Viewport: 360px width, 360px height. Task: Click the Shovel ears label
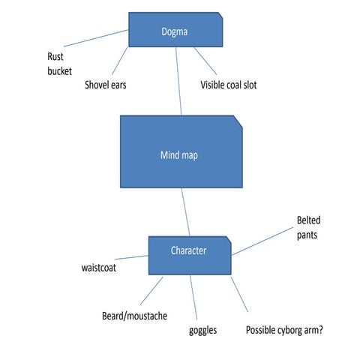tap(106, 85)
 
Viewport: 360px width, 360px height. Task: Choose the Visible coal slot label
tap(229, 85)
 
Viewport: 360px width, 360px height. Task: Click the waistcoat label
tap(103, 267)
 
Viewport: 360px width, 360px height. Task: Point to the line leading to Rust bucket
tap(97, 39)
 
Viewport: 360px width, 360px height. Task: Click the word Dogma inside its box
tap(175, 31)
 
